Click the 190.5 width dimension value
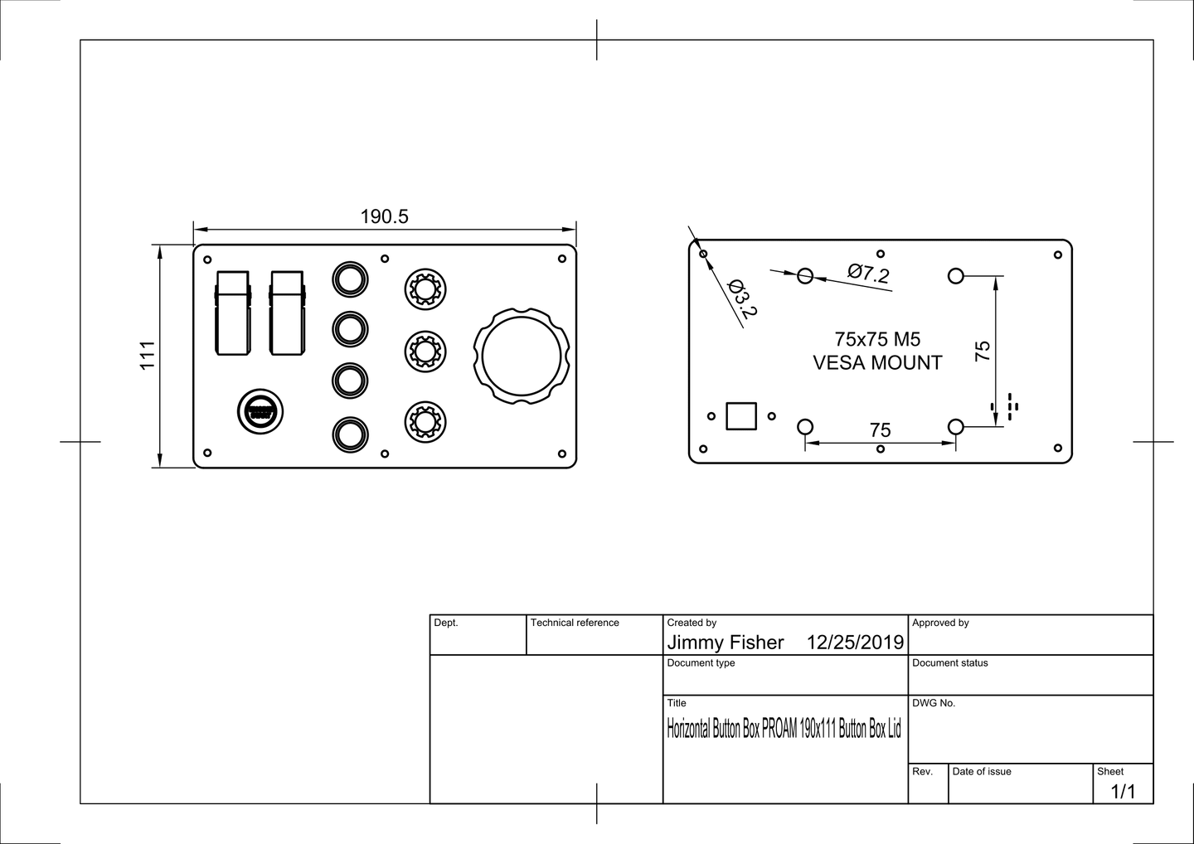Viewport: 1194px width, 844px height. pyautogui.click(x=384, y=217)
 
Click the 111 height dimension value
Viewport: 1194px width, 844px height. pyautogui.click(x=148, y=355)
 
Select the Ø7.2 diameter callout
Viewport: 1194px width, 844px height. pyautogui.click(x=868, y=273)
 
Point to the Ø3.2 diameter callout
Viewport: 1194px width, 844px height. pyautogui.click(x=742, y=298)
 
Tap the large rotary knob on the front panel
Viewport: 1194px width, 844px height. pyautogui.click(x=522, y=356)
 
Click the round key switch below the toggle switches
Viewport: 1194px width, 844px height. pyautogui.click(x=260, y=411)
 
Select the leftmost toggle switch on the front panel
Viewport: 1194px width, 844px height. pyautogui.click(x=233, y=313)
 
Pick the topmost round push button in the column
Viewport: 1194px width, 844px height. pyautogui.click(x=350, y=279)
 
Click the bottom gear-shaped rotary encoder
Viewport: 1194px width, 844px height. pyautogui.click(x=425, y=422)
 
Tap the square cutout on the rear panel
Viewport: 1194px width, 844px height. pyautogui.click(x=741, y=416)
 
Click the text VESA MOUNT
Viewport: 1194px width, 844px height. pyautogui.click(x=877, y=363)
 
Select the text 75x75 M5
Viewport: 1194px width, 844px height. pyautogui.click(x=877, y=339)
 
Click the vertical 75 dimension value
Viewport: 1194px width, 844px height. pyautogui.click(x=983, y=351)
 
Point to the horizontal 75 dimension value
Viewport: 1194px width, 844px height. pyautogui.click(x=881, y=430)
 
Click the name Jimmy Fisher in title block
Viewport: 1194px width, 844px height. pyautogui.click(x=726, y=643)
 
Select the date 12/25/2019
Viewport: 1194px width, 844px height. pyautogui.click(x=855, y=643)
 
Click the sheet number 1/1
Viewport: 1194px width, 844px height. pyautogui.click(x=1123, y=792)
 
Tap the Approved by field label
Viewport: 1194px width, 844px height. pyautogui.click(x=940, y=623)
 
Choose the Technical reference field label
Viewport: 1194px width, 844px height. pyautogui.click(x=575, y=623)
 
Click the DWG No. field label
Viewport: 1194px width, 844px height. pyautogui.click(x=934, y=703)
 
